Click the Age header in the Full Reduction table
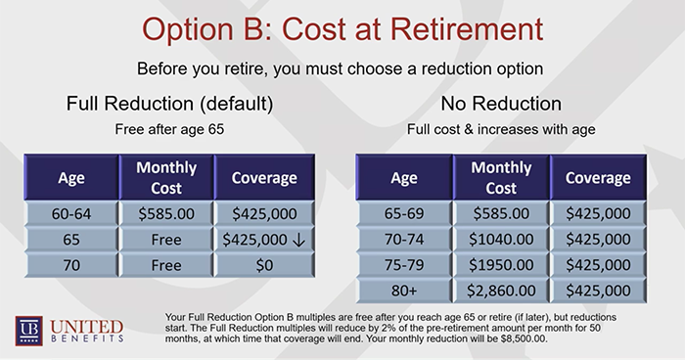pyautogui.click(x=71, y=178)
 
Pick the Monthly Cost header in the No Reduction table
pyautogui.click(x=501, y=178)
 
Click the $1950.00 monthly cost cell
pyautogui.click(x=501, y=265)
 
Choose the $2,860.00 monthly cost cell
pyautogui.click(x=501, y=290)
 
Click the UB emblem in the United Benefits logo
pyautogui.click(x=26, y=329)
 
